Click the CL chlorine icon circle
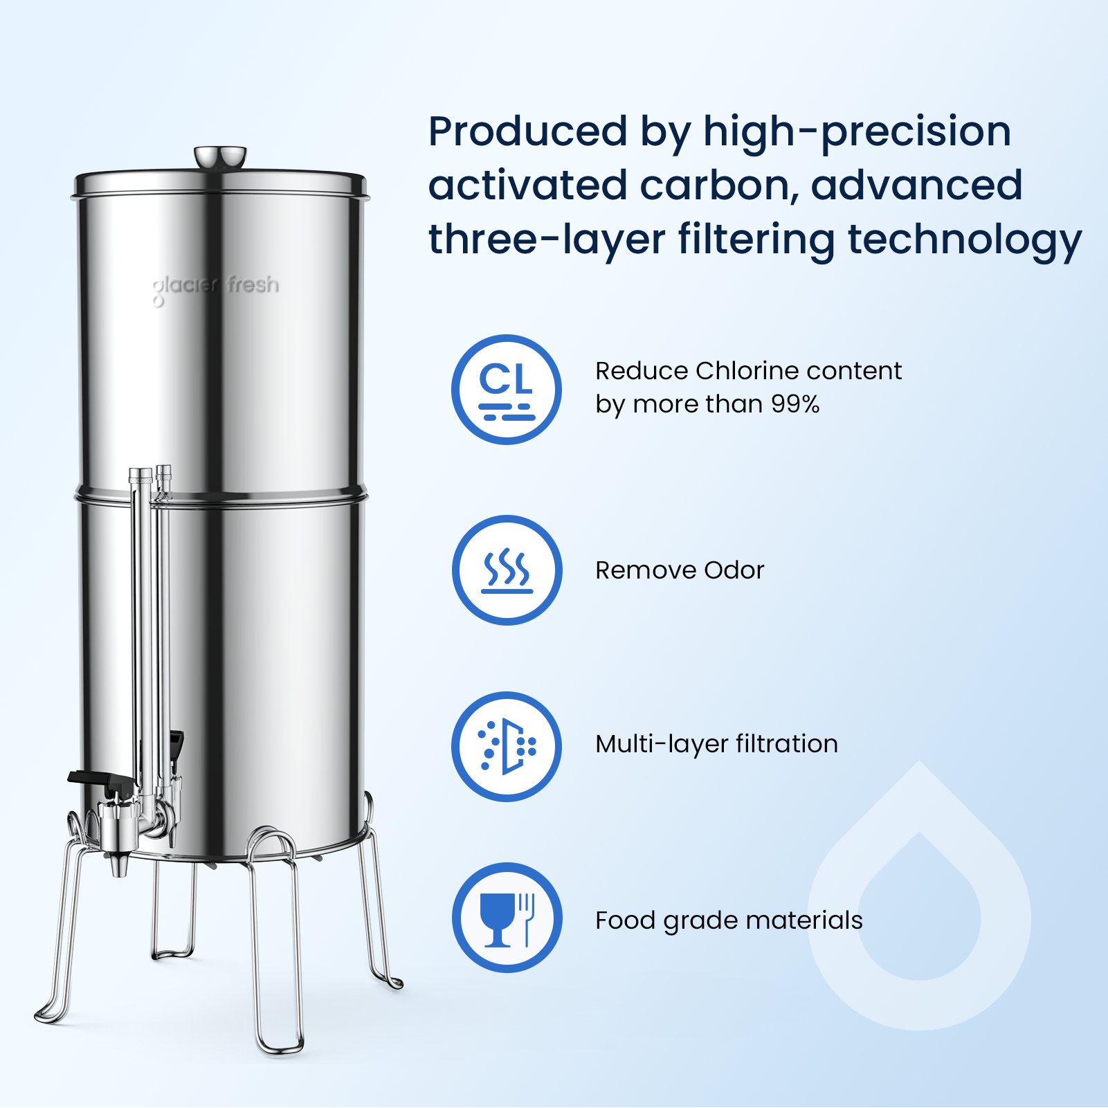(x=507, y=390)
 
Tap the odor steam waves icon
(x=507, y=570)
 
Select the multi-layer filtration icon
(x=507, y=747)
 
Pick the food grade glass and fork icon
(x=507, y=918)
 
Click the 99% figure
(x=795, y=403)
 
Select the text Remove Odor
(x=680, y=570)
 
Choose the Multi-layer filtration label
(x=716, y=744)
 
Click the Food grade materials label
(x=729, y=920)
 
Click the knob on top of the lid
(x=220, y=157)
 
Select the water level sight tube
(x=142, y=623)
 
